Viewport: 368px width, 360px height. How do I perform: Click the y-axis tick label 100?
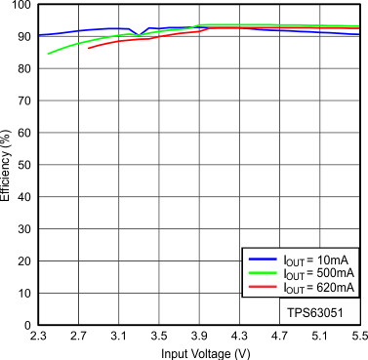point(21,6)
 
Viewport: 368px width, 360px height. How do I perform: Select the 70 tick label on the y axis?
point(24,101)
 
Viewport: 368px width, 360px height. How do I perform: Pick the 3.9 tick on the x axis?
point(199,338)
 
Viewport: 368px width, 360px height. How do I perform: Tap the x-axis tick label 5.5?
point(357,338)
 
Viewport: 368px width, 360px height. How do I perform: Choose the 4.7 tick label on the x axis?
point(279,338)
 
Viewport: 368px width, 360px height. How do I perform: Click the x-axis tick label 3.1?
point(118,338)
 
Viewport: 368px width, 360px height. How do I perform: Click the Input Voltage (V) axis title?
point(198,352)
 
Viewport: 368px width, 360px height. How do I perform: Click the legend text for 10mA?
point(313,260)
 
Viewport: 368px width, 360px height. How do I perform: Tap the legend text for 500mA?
point(313,274)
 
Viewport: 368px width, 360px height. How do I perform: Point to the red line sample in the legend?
point(264,288)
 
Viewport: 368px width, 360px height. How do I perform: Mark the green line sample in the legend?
point(264,274)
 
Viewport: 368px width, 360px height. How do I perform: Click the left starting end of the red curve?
point(89,48)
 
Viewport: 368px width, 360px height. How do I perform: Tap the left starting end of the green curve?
point(48,54)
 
